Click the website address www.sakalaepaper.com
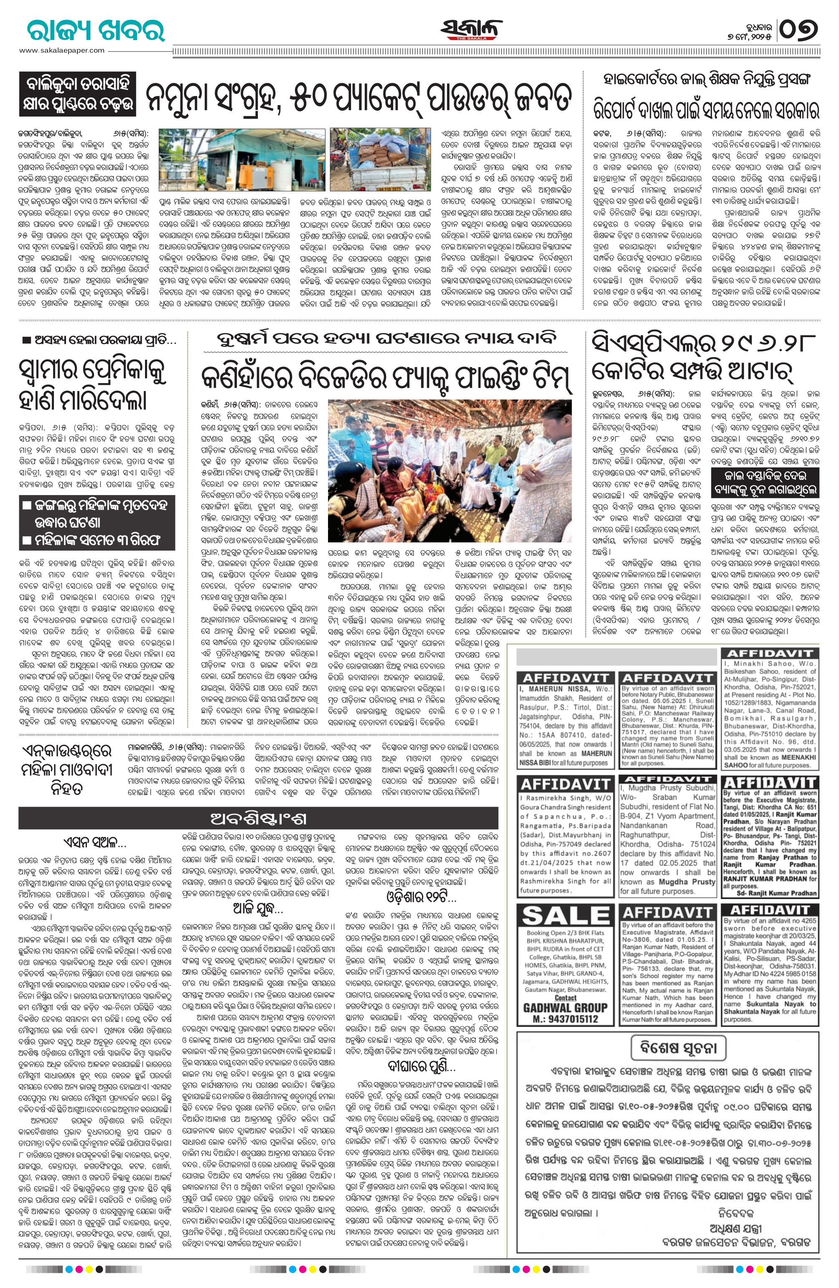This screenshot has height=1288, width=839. point(62,50)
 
